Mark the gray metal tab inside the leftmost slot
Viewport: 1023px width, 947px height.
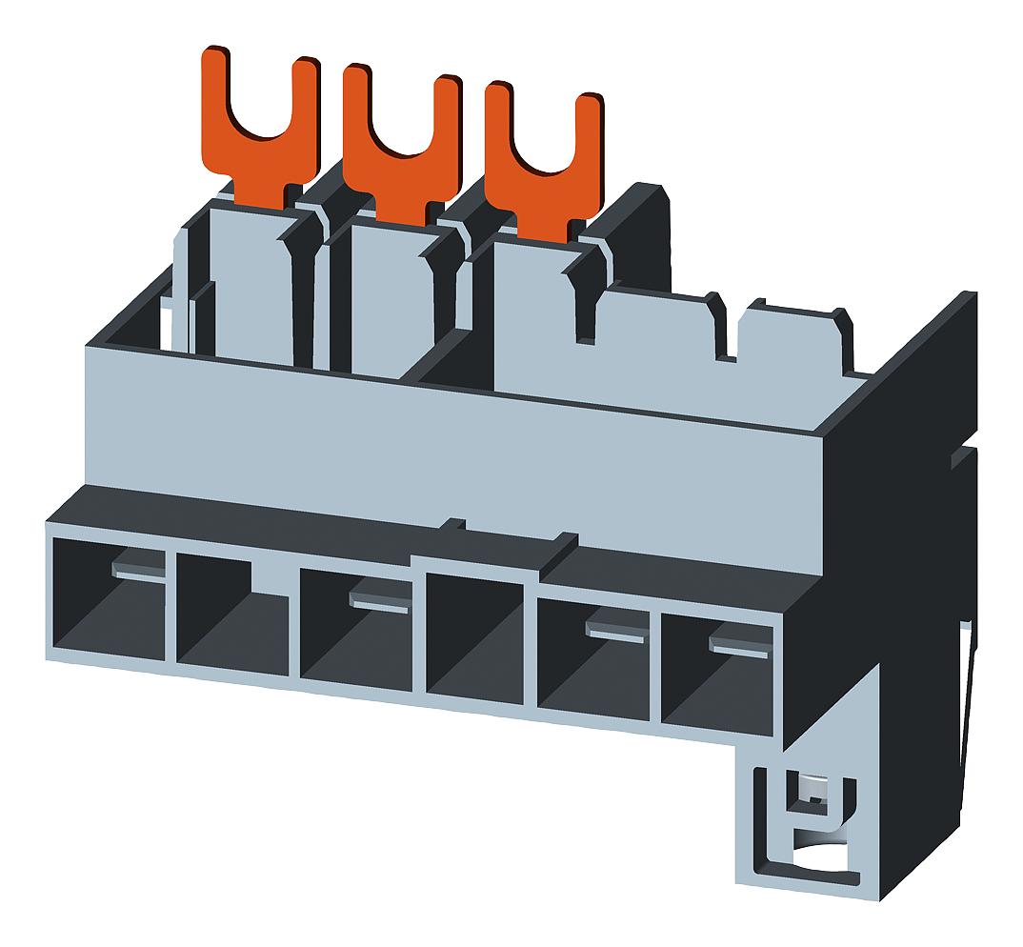click(x=137, y=570)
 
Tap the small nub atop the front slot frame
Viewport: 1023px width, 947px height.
click(x=458, y=523)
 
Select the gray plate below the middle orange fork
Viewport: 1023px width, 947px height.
click(x=391, y=286)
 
